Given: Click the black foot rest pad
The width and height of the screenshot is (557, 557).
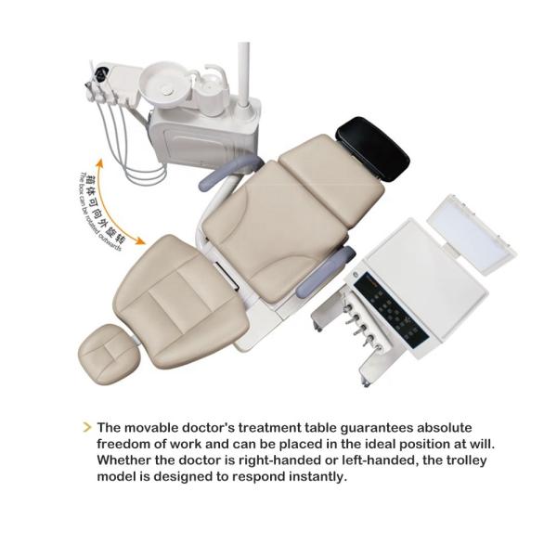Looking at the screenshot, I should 372,149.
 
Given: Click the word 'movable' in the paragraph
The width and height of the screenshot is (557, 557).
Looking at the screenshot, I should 150,428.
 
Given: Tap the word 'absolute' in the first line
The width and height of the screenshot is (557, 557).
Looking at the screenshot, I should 444,428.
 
